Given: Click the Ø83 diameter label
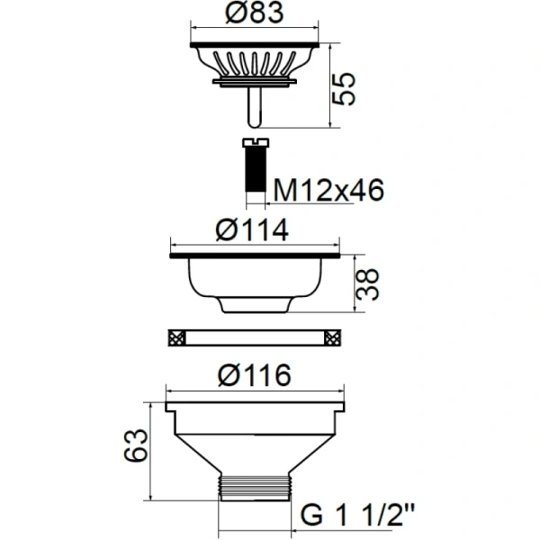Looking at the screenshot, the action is click(x=254, y=13).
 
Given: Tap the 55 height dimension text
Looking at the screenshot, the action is click(x=343, y=88).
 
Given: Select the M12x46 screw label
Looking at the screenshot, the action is click(x=328, y=190).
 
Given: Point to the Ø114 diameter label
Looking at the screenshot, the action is click(x=252, y=229).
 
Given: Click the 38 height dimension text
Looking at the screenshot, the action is click(x=367, y=284).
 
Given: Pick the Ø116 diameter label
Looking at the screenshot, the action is click(x=255, y=374).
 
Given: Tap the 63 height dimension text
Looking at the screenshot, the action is click(x=136, y=445).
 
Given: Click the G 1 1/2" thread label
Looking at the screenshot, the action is click(x=358, y=515).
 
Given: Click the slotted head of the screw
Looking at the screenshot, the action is click(x=256, y=142).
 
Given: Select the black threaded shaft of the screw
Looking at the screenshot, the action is click(x=256, y=169).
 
